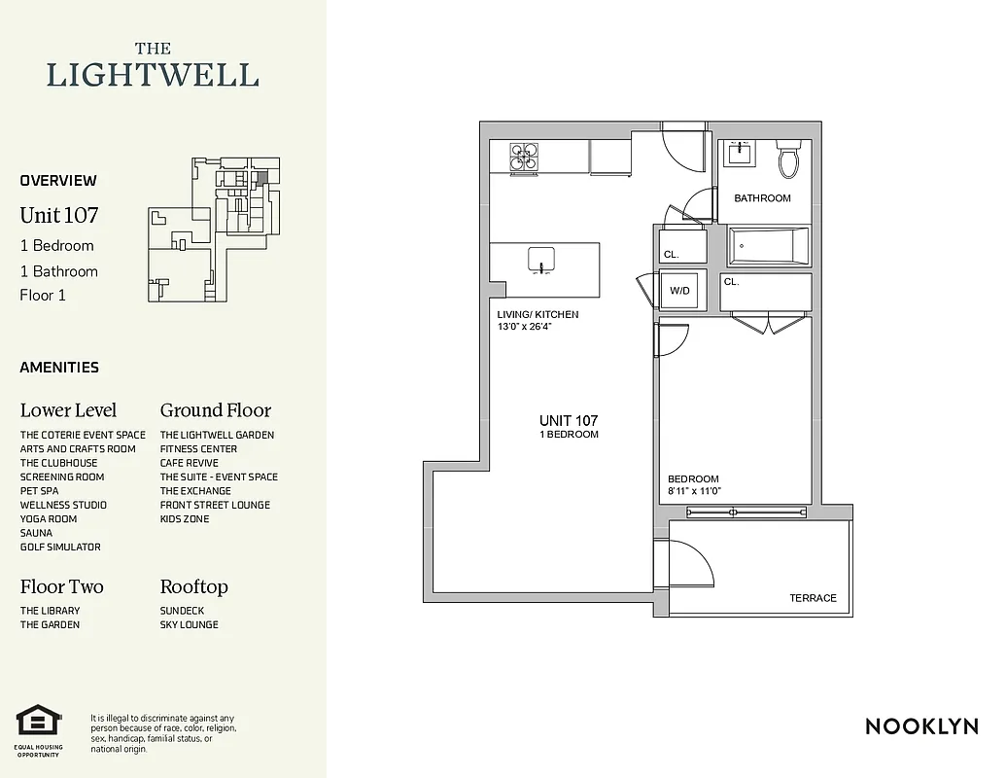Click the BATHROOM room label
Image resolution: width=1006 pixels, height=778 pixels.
pyautogui.click(x=762, y=198)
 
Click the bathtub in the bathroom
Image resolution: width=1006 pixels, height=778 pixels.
pyautogui.click(x=769, y=246)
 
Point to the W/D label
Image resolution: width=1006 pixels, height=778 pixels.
pyautogui.click(x=678, y=290)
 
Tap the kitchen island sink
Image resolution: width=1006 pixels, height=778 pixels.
pyautogui.click(x=541, y=260)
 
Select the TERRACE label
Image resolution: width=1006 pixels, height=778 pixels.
pyautogui.click(x=813, y=598)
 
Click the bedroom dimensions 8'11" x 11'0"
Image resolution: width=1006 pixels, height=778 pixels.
pyautogui.click(x=694, y=492)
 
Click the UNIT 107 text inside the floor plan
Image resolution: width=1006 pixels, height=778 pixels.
pyautogui.click(x=569, y=420)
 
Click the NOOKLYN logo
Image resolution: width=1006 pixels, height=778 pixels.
pyautogui.click(x=921, y=726)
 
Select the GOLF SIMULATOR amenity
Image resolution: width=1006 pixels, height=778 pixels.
pyautogui.click(x=60, y=548)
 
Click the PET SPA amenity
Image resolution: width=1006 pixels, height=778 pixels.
pyautogui.click(x=40, y=491)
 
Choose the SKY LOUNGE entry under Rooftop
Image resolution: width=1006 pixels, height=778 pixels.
pyautogui.click(x=190, y=625)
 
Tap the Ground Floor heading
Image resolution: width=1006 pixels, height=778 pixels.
pyautogui.click(x=216, y=410)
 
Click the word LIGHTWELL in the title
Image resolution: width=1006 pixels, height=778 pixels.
pyautogui.click(x=153, y=75)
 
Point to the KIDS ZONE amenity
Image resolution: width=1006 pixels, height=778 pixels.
pyautogui.click(x=185, y=519)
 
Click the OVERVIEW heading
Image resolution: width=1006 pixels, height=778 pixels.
pyautogui.click(x=58, y=180)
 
